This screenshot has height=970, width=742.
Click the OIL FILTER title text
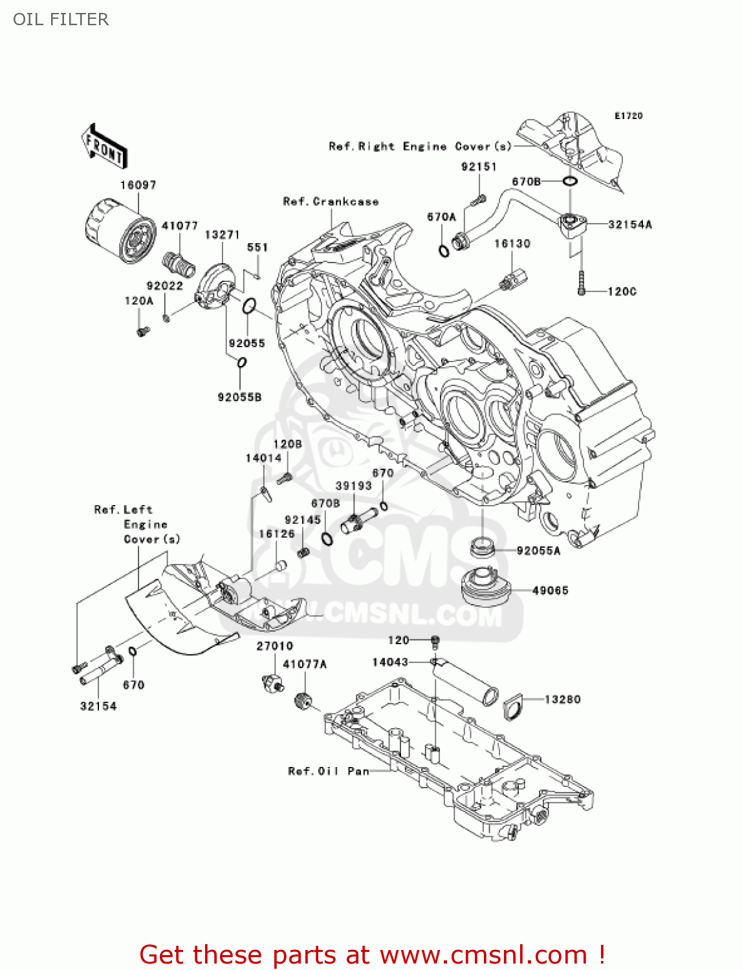click(61, 19)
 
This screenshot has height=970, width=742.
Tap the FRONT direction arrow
click(104, 147)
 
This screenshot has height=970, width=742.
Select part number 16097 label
click(138, 185)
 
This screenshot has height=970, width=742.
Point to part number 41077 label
click(179, 226)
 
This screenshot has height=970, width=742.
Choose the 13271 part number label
click(222, 235)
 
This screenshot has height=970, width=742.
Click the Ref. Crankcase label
click(331, 202)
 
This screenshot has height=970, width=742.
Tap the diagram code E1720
click(628, 116)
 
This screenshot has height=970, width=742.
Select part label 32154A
click(629, 225)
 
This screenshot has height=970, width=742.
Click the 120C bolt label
click(622, 292)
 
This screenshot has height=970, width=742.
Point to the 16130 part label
click(512, 244)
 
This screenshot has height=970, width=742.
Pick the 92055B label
click(239, 397)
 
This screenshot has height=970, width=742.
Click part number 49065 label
click(550, 590)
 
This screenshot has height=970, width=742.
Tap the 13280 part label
click(562, 699)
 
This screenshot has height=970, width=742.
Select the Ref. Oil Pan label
click(328, 771)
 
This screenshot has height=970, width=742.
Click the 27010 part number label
click(274, 646)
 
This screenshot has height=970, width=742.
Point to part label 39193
click(353, 486)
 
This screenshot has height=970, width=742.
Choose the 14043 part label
click(390, 662)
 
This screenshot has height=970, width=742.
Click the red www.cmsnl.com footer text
click(372, 954)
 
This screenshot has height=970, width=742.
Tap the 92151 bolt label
click(479, 167)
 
